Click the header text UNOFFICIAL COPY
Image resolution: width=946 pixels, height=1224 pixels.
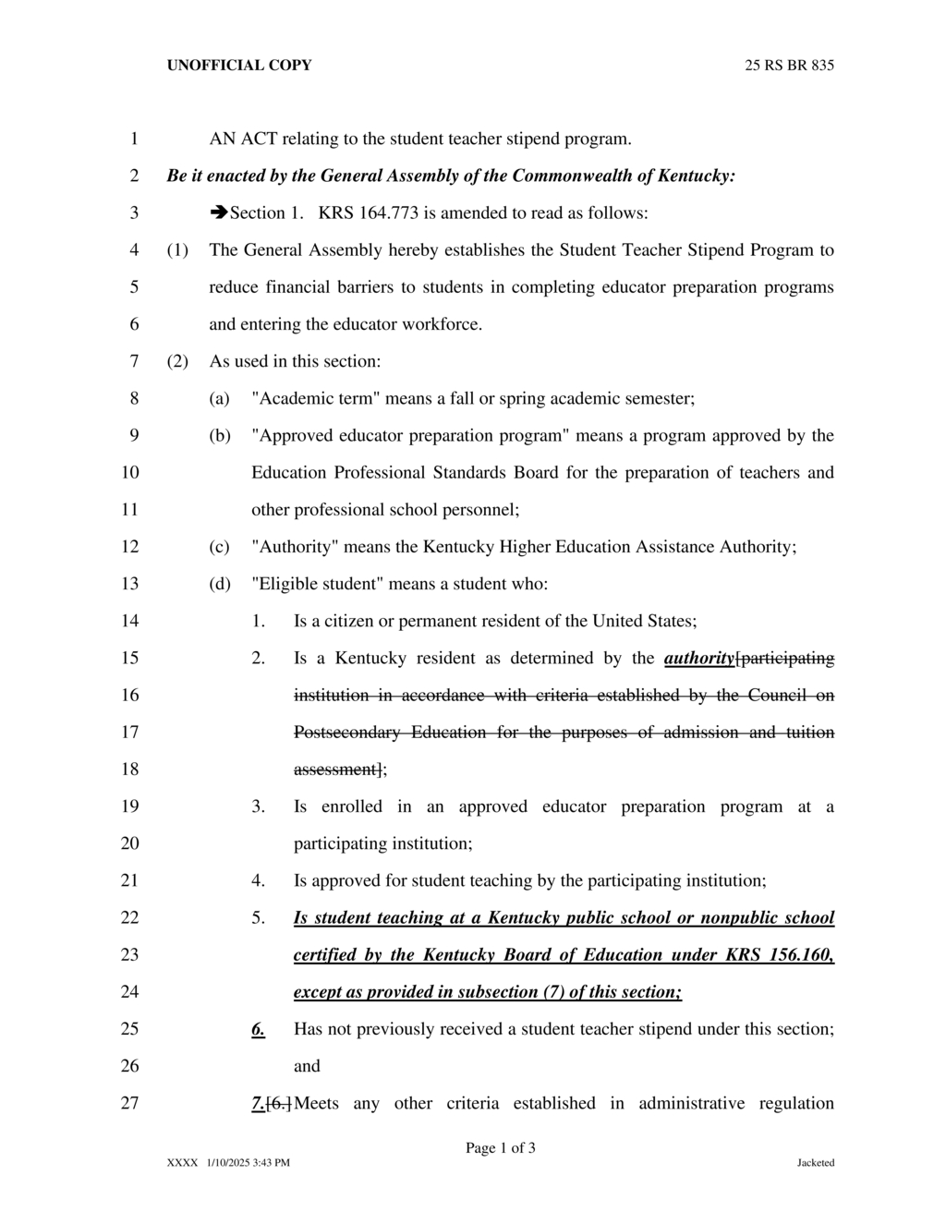238,66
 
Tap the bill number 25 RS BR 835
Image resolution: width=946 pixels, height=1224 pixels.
789,66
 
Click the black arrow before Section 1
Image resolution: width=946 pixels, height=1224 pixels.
219,212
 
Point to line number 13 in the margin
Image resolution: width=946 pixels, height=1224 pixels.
129,584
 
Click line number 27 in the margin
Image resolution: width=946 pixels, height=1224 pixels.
129,1103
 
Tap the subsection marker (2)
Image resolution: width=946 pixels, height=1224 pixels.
177,361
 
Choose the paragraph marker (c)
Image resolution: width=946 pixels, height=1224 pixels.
219,547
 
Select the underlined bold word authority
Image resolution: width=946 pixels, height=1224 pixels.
698,659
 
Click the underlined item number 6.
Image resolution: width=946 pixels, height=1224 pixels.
258,1029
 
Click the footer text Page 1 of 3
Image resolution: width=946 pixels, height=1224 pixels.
501,1148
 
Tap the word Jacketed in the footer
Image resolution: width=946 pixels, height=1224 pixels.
816,1163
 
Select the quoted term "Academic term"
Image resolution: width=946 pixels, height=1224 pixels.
316,399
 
